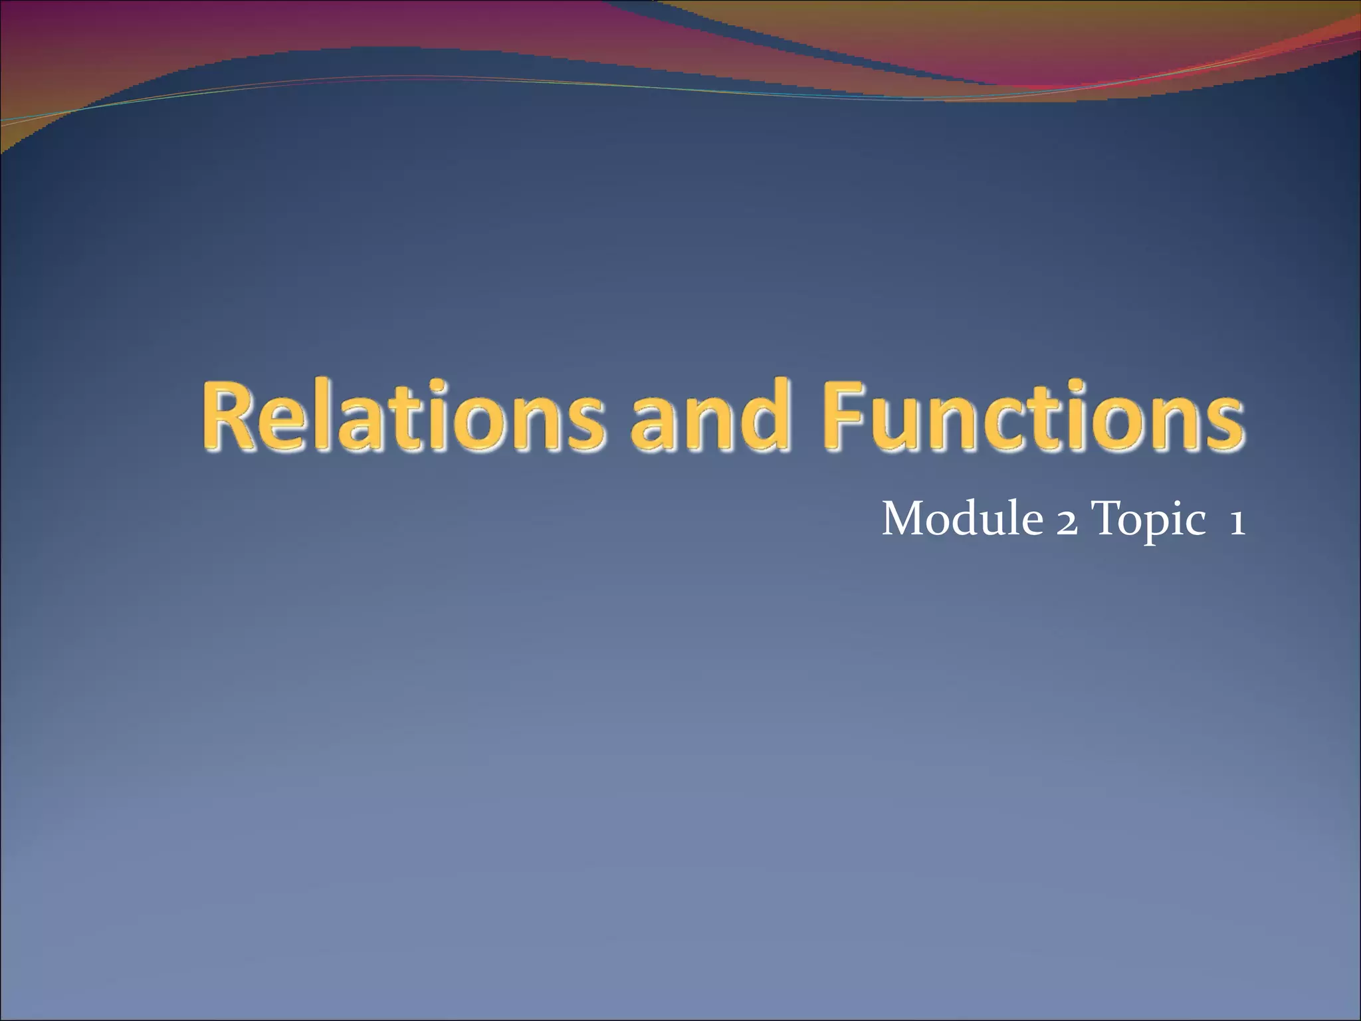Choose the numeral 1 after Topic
(1236, 522)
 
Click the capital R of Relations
(229, 415)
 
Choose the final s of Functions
(1223, 423)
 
